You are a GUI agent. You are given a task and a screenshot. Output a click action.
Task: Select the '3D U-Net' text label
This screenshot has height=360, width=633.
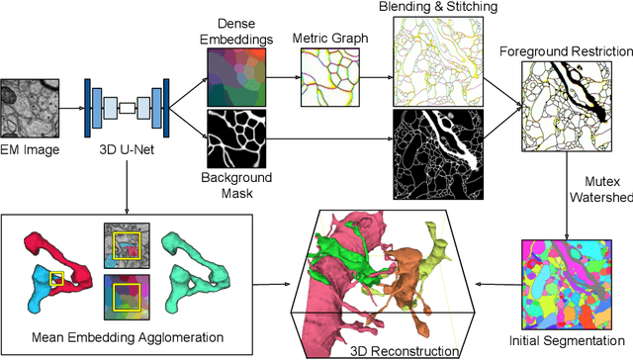coord(128,149)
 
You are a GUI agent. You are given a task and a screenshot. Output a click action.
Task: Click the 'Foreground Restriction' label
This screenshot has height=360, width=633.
coord(565,50)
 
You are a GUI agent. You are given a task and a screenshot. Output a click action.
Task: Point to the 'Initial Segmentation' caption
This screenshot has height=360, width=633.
coord(567,350)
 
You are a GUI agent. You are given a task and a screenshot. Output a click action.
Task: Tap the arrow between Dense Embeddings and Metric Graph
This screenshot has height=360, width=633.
coord(283,76)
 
